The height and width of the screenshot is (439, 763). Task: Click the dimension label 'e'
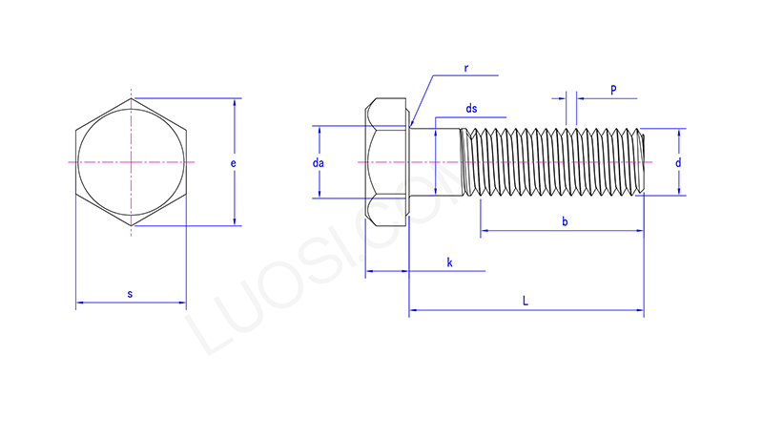234,163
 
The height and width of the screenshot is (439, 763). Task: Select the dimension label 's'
130,294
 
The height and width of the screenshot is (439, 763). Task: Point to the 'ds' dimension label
471,110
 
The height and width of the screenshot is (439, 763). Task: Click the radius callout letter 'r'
466,69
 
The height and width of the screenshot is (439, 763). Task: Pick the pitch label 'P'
612,90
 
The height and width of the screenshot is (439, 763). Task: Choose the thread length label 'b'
565,221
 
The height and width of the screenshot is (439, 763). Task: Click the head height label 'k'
448,261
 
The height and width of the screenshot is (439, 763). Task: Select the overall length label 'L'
526,301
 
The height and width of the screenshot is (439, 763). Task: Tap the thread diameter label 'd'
678,163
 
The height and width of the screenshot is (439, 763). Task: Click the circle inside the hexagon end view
131,163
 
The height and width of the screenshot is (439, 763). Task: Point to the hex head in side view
386,163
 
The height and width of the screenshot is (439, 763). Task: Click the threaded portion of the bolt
553,163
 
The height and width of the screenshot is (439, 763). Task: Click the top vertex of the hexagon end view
131,98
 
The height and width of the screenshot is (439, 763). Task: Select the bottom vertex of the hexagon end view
131,227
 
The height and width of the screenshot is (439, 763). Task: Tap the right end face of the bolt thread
646,163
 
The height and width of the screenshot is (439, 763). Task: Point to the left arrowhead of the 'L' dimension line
413,310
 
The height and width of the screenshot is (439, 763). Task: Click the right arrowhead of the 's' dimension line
182,303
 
